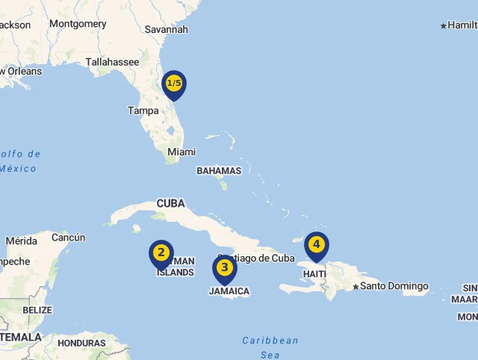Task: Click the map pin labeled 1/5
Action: click(174, 84)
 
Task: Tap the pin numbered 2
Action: click(161, 253)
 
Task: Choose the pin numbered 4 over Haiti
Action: click(316, 245)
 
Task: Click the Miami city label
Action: click(181, 152)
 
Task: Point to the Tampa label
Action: click(143, 111)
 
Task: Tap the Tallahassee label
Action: click(112, 62)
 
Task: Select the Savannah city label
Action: click(166, 30)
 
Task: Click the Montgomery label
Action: click(78, 24)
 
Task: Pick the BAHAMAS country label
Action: click(219, 170)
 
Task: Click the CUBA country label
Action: click(170, 203)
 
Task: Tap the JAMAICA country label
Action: click(229, 291)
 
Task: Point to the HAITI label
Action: click(314, 274)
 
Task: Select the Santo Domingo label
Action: click(394, 286)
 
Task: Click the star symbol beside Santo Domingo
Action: click(356, 287)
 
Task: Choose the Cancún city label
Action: click(68, 238)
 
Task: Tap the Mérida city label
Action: click(21, 241)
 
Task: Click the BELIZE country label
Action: click(37, 310)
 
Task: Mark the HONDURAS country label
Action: click(81, 344)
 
